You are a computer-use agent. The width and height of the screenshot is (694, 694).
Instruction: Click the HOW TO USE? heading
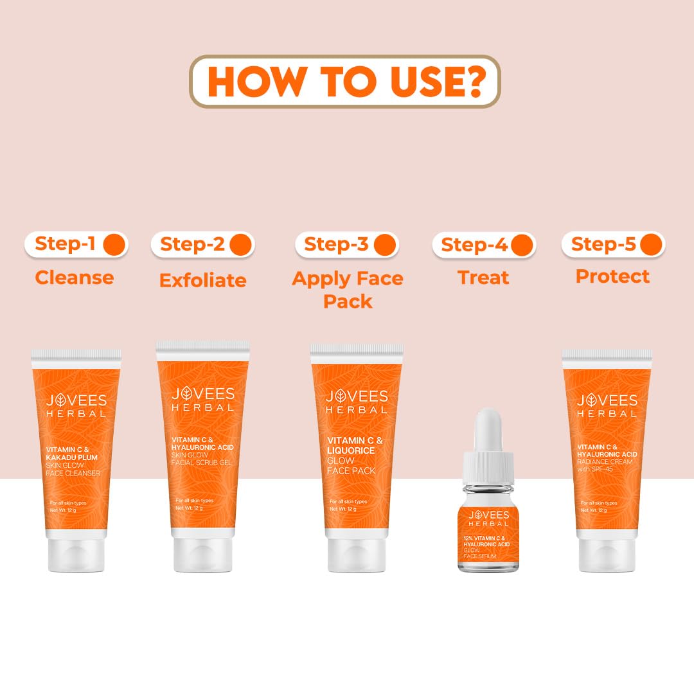tap(345, 82)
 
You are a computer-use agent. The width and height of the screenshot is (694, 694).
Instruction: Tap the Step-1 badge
tap(76, 244)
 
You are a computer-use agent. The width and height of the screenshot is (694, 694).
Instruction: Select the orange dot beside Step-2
tap(240, 244)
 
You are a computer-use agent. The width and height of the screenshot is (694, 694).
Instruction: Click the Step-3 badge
tap(347, 244)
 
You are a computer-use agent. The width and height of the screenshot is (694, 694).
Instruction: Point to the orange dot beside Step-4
tap(522, 245)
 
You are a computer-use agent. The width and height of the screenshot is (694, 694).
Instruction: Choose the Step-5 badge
tap(613, 244)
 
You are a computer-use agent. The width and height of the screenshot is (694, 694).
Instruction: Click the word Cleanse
tap(74, 278)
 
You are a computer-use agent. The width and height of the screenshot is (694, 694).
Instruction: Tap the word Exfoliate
tap(202, 280)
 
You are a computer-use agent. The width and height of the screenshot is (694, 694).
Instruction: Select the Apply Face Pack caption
tap(348, 289)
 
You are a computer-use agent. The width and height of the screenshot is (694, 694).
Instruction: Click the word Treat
tap(483, 278)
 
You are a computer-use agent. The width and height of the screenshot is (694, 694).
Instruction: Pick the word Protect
tap(612, 276)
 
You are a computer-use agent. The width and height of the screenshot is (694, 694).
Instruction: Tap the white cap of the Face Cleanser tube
tap(76, 555)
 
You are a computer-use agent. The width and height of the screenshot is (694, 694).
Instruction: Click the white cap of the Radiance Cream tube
tap(607, 555)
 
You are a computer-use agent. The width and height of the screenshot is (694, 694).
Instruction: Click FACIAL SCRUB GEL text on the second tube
tap(202, 463)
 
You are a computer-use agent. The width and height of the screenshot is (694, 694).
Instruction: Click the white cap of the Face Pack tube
tap(357, 555)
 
